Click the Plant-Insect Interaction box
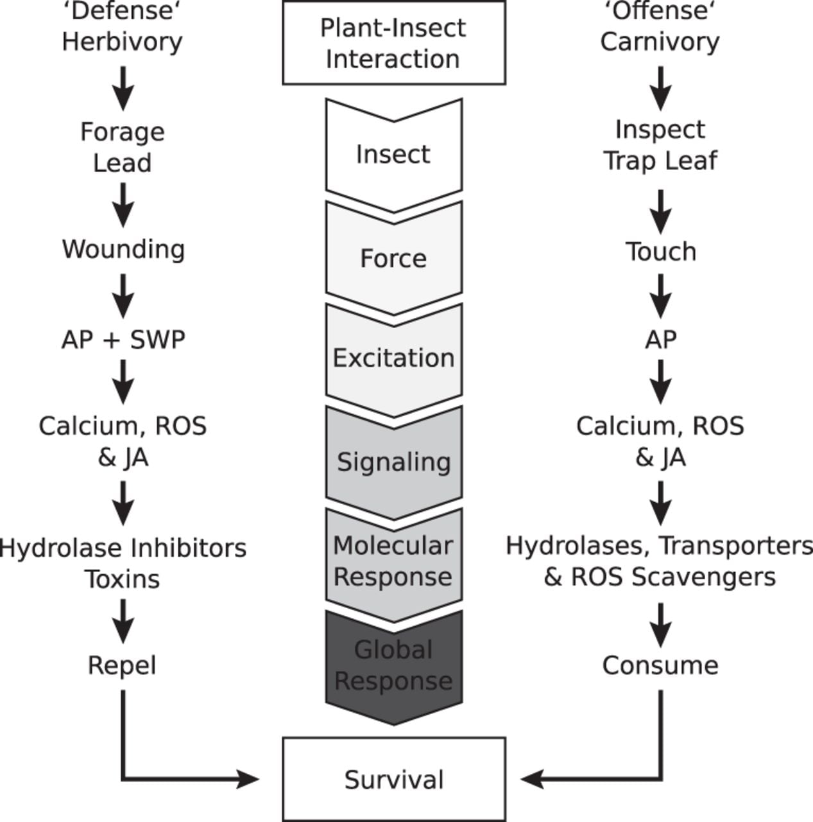click(x=394, y=42)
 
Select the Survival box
click(x=394, y=780)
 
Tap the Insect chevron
click(x=394, y=155)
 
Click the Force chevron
click(x=394, y=259)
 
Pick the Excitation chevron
click(x=394, y=361)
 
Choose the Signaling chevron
click(x=394, y=463)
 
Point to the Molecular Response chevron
click(x=394, y=566)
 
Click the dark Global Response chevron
click(x=394, y=668)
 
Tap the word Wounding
click(x=123, y=250)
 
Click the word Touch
click(x=661, y=251)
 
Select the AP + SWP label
click(x=123, y=340)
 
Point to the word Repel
click(x=122, y=666)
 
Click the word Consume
click(x=660, y=665)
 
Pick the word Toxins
click(x=123, y=579)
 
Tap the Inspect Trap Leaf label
click(x=660, y=145)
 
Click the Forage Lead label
click(x=123, y=147)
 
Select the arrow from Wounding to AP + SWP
click(x=123, y=296)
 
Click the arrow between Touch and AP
click(x=661, y=296)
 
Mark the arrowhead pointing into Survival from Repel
click(x=248, y=780)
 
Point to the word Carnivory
click(x=660, y=42)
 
